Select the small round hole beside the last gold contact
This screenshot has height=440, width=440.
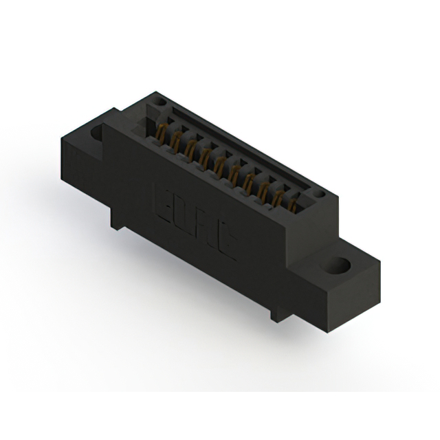(318, 196)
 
